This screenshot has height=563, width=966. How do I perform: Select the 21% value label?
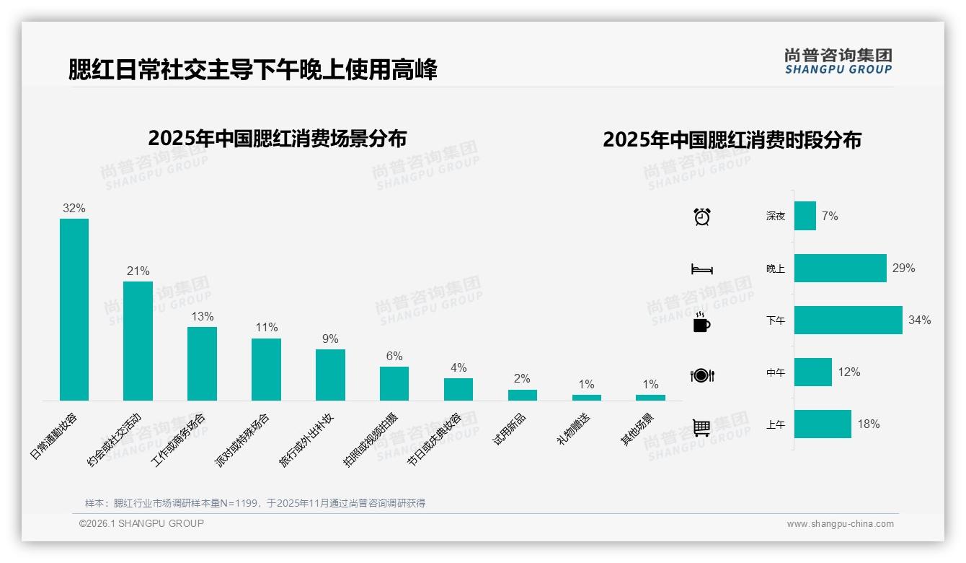(x=138, y=271)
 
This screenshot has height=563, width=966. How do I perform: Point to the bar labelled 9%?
(x=330, y=375)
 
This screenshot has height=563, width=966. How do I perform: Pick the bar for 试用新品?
(x=522, y=395)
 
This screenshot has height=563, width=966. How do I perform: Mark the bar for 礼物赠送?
(x=586, y=397)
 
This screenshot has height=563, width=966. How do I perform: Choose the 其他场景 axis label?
(x=637, y=429)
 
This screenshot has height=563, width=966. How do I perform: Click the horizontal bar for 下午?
(x=848, y=320)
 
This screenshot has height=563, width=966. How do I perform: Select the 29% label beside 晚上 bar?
(x=903, y=269)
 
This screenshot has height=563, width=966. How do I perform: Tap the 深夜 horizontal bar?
(x=805, y=216)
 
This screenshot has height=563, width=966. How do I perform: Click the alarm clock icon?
(x=701, y=216)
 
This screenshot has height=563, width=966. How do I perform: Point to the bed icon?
(x=701, y=269)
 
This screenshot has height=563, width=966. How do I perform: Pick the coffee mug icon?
(x=701, y=323)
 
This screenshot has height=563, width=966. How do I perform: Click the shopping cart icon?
(x=701, y=427)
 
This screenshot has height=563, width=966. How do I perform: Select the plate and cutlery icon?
(x=701, y=375)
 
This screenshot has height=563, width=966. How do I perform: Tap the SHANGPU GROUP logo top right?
(x=838, y=61)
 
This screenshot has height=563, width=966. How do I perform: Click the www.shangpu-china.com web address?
(x=840, y=524)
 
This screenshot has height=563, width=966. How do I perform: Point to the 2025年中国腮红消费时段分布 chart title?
(x=732, y=140)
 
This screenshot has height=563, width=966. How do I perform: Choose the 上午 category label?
(x=776, y=424)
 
